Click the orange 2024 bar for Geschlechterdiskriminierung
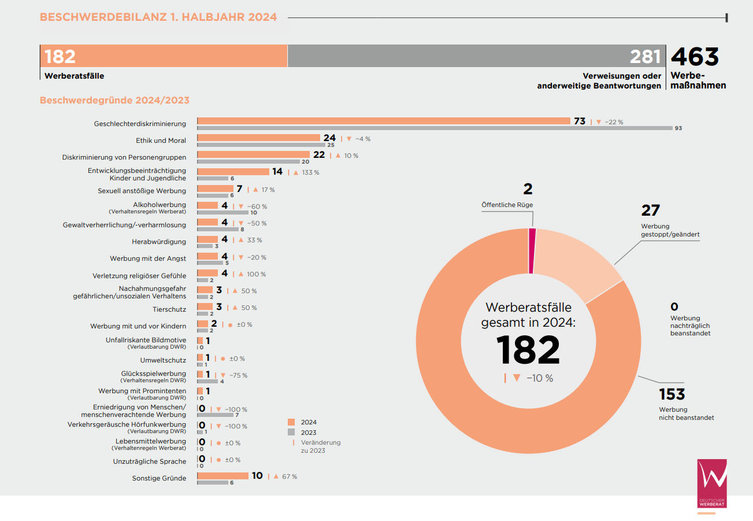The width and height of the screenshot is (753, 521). click(x=384, y=121)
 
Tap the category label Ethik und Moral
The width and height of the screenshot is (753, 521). click(x=161, y=141)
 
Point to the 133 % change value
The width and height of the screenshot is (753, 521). click(x=310, y=172)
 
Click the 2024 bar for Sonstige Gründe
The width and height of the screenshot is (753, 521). click(x=222, y=475)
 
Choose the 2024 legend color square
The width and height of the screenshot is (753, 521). click(x=291, y=422)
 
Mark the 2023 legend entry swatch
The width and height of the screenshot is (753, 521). click(x=291, y=432)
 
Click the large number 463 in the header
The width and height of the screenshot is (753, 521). click(x=695, y=57)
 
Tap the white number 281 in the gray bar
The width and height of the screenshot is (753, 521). click(x=645, y=57)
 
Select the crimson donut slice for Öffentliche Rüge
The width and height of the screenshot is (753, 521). click(x=532, y=251)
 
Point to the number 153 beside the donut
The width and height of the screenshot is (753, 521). click(x=672, y=394)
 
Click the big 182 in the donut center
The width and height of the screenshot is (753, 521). click(x=528, y=350)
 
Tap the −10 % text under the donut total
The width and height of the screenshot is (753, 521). click(x=540, y=378)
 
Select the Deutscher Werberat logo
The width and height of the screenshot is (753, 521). click(x=711, y=483)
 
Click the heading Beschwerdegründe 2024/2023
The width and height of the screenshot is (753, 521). click(x=114, y=101)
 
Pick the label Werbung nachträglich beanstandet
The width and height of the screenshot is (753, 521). click(x=690, y=326)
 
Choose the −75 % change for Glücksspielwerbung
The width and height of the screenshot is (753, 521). click(x=238, y=375)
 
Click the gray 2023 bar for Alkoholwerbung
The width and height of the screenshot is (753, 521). click(x=223, y=212)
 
